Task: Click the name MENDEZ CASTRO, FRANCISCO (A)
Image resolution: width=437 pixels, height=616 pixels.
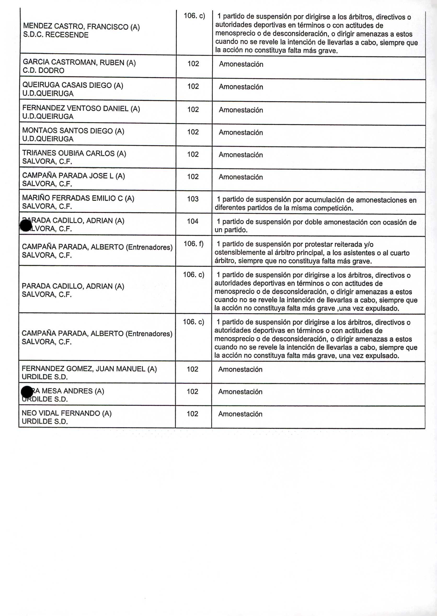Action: (81, 27)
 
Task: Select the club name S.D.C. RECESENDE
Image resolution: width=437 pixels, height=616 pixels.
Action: (56, 35)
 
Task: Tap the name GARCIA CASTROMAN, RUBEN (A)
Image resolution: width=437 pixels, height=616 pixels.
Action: (79, 63)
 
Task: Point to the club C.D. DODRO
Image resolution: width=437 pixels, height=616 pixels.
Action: (43, 71)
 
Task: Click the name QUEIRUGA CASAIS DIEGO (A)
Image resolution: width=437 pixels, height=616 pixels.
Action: (73, 85)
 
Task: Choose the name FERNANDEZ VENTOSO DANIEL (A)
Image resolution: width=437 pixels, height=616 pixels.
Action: (81, 109)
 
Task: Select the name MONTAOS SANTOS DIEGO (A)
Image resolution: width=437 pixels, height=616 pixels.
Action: (73, 131)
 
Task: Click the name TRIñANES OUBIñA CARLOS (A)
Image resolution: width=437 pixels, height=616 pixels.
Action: (74, 154)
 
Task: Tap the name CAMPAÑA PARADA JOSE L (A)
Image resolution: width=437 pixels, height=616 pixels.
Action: (73, 176)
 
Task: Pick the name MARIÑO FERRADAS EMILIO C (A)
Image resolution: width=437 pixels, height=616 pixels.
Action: (78, 199)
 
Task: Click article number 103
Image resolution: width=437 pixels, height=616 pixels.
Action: (193, 199)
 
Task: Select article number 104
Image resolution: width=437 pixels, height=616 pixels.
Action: (193, 221)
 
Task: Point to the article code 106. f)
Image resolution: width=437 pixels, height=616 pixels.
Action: (193, 244)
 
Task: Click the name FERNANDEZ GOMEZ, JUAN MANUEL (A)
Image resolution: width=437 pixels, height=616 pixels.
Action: (89, 369)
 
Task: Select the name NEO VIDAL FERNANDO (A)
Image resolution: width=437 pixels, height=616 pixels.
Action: (66, 414)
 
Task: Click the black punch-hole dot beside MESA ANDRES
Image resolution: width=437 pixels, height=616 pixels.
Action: (27, 392)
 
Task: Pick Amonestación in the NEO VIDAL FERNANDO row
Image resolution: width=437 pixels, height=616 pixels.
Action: (240, 414)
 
